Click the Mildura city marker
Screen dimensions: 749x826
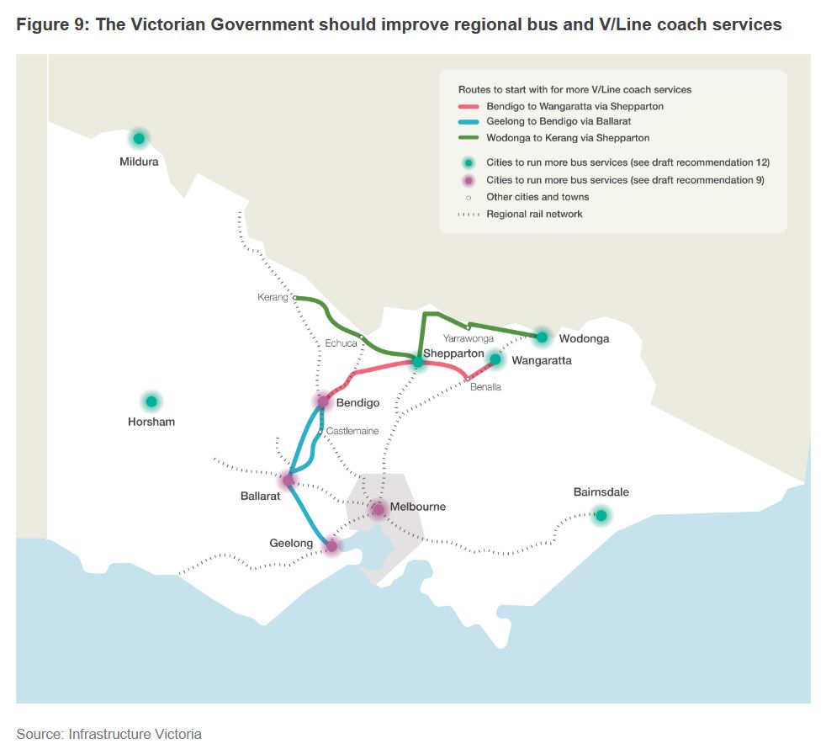click(x=139, y=138)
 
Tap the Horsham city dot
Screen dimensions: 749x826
click(x=151, y=401)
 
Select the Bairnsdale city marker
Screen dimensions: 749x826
click(x=601, y=515)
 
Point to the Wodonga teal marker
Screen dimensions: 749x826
click(x=542, y=337)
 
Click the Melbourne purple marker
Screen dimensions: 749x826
click(x=378, y=508)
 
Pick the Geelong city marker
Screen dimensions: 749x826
click(x=331, y=546)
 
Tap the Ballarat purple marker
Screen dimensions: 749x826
click(x=288, y=481)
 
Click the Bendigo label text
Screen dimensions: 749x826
click(x=357, y=403)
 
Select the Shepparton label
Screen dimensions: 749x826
click(x=453, y=353)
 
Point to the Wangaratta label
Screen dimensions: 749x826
click(x=541, y=361)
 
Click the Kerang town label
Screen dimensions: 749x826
click(x=273, y=298)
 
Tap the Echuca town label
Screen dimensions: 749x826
click(x=341, y=343)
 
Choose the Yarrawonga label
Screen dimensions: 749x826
click(x=468, y=338)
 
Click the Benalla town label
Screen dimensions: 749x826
click(x=485, y=387)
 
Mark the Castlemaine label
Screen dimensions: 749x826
click(x=352, y=431)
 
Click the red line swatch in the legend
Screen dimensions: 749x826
click(x=468, y=107)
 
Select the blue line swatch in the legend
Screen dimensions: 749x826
click(x=468, y=122)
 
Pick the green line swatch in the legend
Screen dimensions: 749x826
click(x=468, y=137)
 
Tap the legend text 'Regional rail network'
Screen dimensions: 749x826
click(x=534, y=214)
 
